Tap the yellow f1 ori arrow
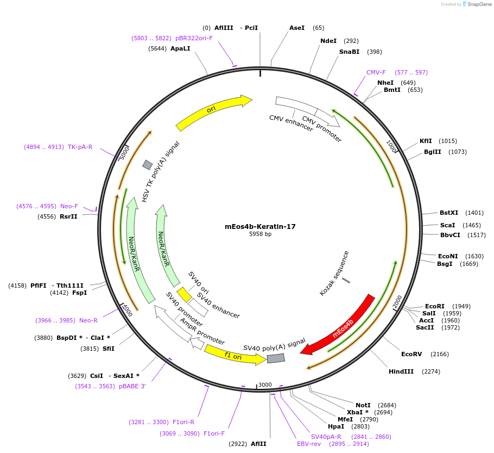pos(234,355)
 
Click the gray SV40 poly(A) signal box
pos(276,358)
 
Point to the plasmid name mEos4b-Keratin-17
pos(260,226)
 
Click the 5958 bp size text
pos(260,234)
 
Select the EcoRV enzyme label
pos(411,354)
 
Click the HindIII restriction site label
pos(401,371)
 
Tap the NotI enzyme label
pos(363,405)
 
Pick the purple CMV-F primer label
pos(376,72)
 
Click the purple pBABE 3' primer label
pos(132,386)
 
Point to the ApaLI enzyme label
pos(180,48)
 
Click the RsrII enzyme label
pos(68,216)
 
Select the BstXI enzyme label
pos(449,213)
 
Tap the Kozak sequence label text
pos(334,274)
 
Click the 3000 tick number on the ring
pos(265,384)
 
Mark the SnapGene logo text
pos(476,4)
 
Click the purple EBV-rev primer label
pos(309,444)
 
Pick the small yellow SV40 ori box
pos(185,294)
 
